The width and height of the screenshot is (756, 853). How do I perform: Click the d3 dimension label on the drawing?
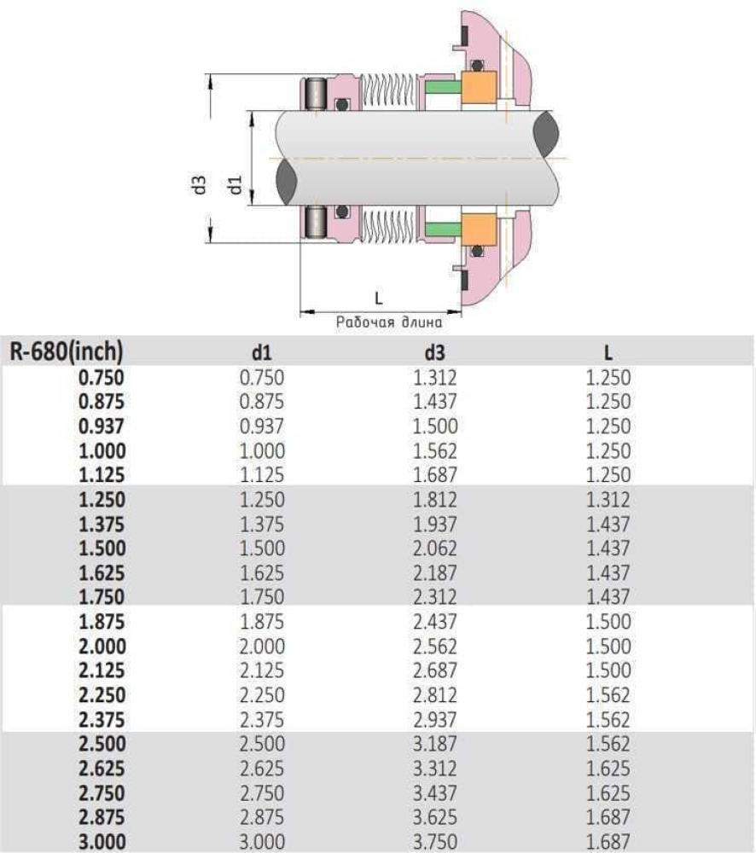click(200, 184)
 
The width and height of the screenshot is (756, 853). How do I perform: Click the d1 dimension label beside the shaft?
click(236, 184)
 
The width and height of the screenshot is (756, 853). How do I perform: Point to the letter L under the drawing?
click(379, 298)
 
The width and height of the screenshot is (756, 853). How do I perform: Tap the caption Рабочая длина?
click(388, 322)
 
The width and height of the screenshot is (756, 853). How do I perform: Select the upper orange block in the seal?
click(479, 86)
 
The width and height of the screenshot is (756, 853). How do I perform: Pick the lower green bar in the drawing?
click(443, 229)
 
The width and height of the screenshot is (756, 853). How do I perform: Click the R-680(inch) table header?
click(67, 351)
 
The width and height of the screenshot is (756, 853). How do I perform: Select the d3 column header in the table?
click(434, 352)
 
